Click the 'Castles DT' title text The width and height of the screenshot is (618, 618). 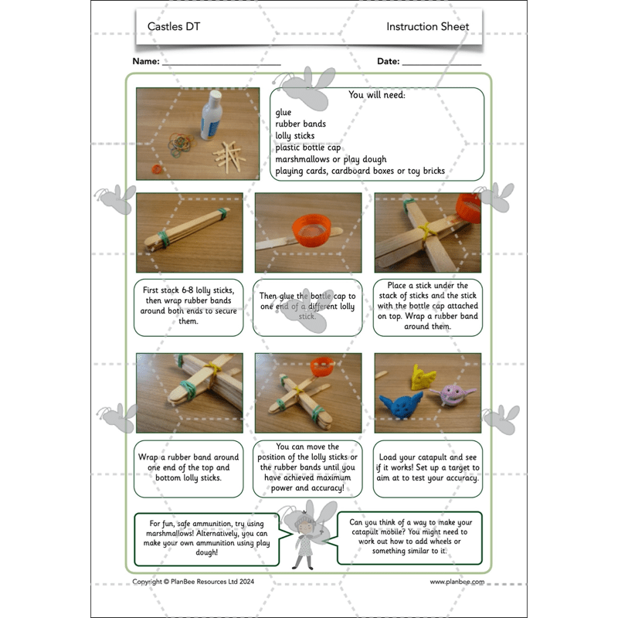click(x=175, y=26)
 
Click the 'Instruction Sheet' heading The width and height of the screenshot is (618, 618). click(x=427, y=26)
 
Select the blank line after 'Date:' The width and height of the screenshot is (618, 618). click(x=441, y=62)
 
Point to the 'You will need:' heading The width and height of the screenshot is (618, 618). click(x=377, y=96)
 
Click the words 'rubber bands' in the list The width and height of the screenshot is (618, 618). click(x=301, y=124)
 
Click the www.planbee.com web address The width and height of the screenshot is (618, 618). click(x=457, y=582)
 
